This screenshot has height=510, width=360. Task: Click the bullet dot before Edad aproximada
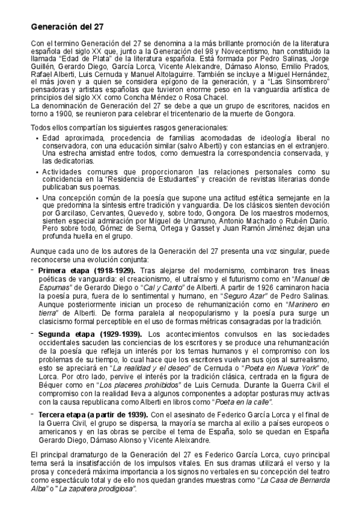coord(38,138)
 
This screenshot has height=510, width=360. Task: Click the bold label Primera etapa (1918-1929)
coord(87,271)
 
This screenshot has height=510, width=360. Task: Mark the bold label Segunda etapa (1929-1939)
coord(90,334)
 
